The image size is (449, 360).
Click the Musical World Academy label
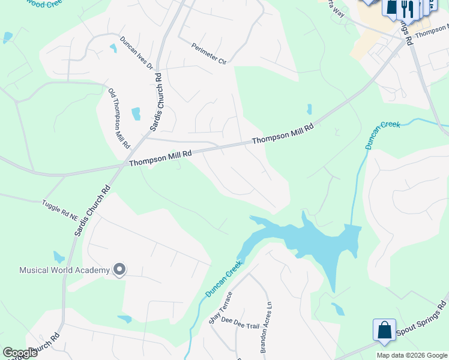64,270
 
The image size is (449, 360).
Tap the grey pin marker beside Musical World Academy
119,270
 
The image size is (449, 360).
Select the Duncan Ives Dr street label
137,53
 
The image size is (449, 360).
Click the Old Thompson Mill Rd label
119,119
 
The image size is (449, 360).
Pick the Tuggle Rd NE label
60,208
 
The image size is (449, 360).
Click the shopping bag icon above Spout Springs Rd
384,329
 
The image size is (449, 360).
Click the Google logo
20,352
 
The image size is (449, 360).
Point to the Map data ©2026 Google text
412,355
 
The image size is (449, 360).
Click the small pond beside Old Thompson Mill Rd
136,113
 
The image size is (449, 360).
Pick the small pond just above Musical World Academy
58,257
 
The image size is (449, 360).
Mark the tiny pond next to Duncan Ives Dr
113,48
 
